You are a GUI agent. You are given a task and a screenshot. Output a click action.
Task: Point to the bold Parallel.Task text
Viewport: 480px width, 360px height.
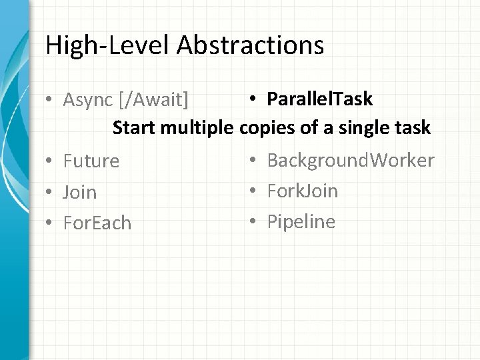click(x=319, y=99)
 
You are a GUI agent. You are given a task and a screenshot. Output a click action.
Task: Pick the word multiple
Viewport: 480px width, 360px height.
click(x=197, y=127)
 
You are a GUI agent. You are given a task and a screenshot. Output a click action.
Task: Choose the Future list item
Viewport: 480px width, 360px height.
click(x=91, y=161)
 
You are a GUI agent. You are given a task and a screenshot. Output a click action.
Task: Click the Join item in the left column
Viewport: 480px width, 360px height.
click(x=79, y=193)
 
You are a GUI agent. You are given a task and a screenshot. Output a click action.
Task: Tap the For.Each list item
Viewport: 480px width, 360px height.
click(x=97, y=223)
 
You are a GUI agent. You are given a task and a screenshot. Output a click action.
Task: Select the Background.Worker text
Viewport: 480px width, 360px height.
click(x=351, y=160)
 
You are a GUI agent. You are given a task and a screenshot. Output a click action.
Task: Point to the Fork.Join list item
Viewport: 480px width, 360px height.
click(x=302, y=191)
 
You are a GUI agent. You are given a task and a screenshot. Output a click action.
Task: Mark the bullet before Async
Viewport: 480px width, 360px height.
click(x=50, y=100)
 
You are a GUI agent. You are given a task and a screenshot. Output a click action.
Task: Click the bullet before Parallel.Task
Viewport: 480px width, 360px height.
click(x=254, y=99)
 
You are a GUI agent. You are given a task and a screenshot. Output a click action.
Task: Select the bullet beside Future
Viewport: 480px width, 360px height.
click(x=50, y=161)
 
